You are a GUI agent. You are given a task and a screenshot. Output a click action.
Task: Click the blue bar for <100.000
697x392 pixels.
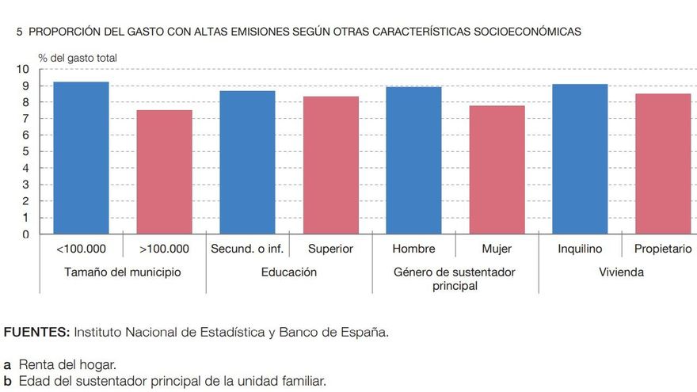click(81, 158)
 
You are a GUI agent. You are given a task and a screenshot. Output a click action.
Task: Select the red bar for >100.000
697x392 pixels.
click(164, 172)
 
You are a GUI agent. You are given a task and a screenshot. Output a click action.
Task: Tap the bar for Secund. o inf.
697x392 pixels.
click(247, 162)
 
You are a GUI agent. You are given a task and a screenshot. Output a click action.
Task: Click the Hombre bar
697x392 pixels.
click(413, 160)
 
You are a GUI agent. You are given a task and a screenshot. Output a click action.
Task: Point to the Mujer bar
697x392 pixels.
click(497, 169)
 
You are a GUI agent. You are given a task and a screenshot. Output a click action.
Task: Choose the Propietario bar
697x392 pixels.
click(663, 164)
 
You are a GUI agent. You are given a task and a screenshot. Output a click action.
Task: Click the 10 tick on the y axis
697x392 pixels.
click(23, 70)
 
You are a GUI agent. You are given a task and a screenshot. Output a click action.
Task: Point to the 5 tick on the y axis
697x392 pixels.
click(25, 152)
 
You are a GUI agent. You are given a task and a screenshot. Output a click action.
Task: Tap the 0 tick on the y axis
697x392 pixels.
click(25, 234)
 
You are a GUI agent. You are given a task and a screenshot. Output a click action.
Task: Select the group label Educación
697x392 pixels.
click(289, 272)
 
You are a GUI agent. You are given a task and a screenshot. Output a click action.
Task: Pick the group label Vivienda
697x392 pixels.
click(621, 272)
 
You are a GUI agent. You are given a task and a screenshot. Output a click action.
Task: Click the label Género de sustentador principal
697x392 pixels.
click(455, 279)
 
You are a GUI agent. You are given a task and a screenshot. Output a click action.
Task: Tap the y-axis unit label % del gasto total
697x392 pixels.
click(78, 57)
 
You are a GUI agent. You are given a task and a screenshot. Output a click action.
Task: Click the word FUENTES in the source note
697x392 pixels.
click(36, 332)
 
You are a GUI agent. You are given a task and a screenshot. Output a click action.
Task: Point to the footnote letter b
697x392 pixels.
click(7, 381)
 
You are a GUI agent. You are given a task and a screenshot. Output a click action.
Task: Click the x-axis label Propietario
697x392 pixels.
click(663, 249)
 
